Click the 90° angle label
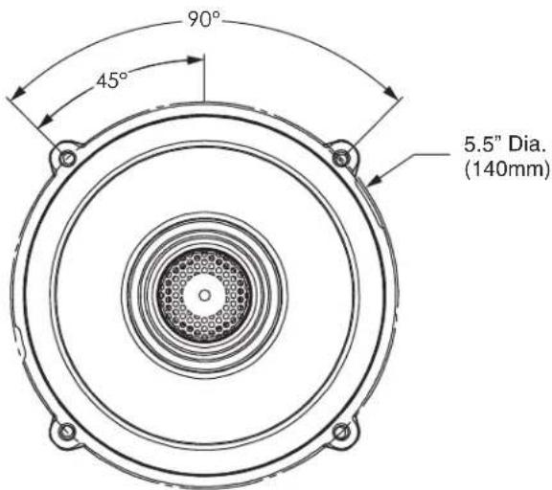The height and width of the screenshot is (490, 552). pos(204,19)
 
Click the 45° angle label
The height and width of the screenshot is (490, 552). pos(112,80)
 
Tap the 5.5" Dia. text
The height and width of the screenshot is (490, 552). pos(504,145)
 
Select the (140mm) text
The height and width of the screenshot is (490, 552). pos(507,169)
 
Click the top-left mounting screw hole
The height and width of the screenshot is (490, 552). pos(67,158)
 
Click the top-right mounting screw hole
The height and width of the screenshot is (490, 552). pos(340,158)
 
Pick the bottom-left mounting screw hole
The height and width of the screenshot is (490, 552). pos(66,432)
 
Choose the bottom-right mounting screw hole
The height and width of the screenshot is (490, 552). pos(341,432)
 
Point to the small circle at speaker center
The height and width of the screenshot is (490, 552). pos(204,296)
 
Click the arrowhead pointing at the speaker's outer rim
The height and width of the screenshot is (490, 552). pos(376,180)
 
